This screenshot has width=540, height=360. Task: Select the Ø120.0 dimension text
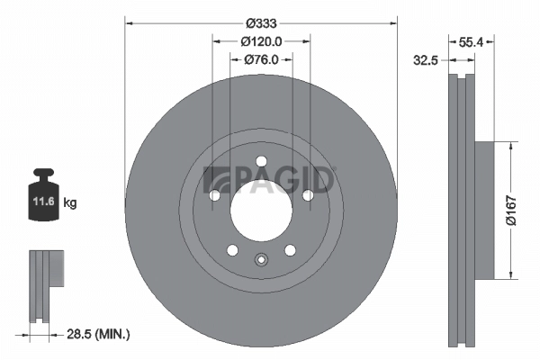tap(262, 40)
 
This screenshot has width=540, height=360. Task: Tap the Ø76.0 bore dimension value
tap(262, 60)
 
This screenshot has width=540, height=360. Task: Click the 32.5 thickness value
tap(426, 62)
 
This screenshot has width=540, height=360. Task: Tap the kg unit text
tap(70, 203)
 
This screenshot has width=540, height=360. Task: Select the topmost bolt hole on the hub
tap(261, 162)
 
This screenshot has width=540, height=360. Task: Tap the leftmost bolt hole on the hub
tap(215, 195)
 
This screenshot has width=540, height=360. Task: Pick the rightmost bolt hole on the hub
tap(307, 195)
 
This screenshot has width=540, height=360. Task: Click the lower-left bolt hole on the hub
tap(232, 249)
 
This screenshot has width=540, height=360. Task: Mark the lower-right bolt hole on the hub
tap(290, 249)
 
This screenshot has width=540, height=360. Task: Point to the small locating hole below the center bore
tap(261, 261)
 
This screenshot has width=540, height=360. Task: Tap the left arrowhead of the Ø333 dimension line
tap(127, 22)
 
